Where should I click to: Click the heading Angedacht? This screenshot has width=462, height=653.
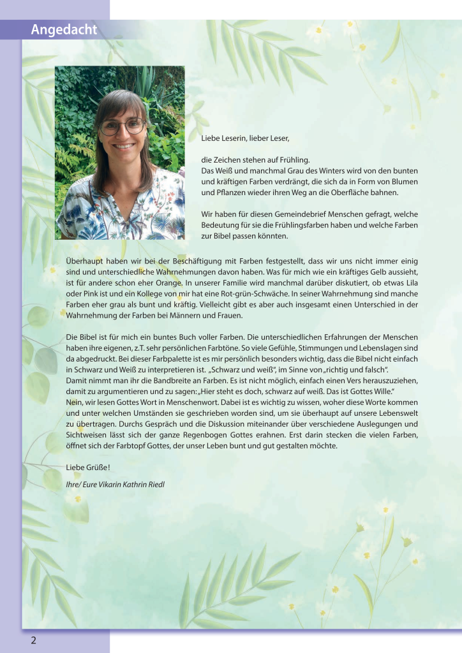[64, 30]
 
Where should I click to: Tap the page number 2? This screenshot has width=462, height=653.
[33, 640]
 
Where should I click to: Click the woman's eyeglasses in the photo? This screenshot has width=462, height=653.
[122, 126]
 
